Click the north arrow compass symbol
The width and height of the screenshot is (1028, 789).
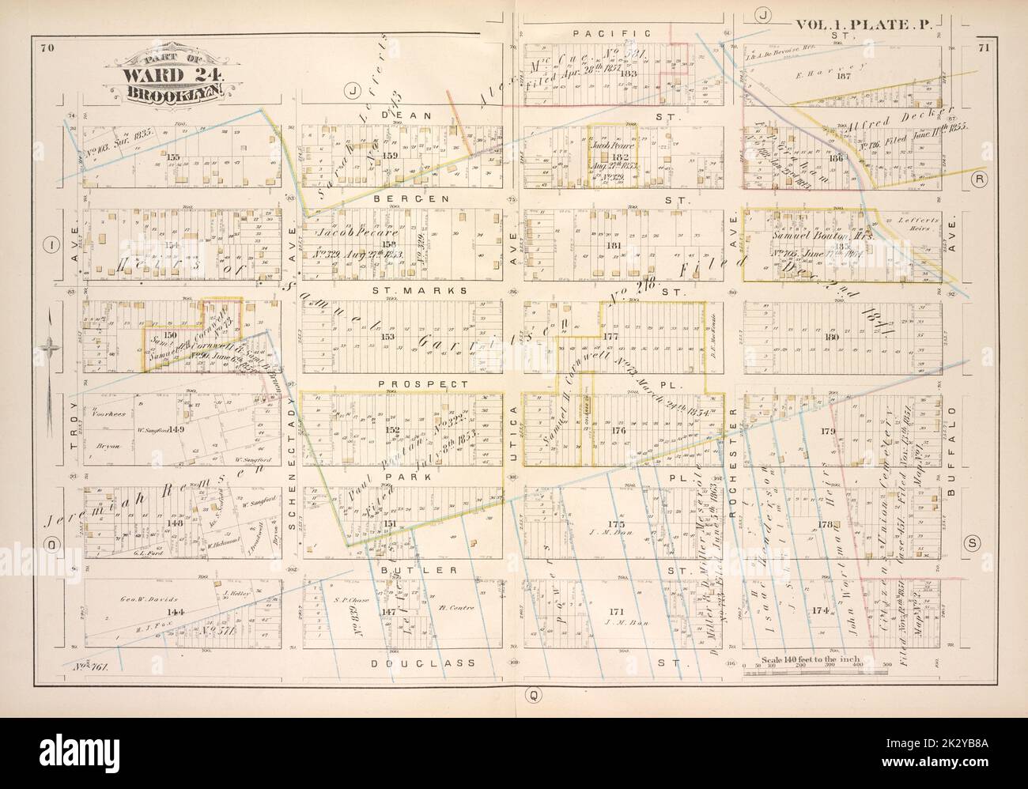point(49,348)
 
